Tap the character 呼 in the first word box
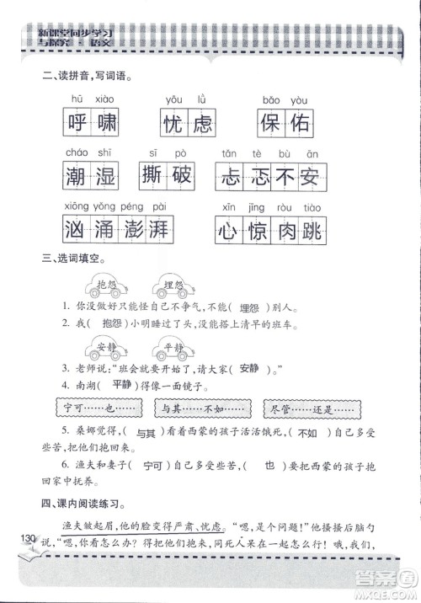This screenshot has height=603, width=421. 75,124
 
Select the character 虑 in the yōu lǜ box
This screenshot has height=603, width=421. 202,124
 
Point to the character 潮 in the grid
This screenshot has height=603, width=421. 75,176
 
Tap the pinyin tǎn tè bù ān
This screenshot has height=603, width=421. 269,152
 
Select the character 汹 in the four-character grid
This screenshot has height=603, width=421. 75,229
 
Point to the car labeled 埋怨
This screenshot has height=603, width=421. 175,286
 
